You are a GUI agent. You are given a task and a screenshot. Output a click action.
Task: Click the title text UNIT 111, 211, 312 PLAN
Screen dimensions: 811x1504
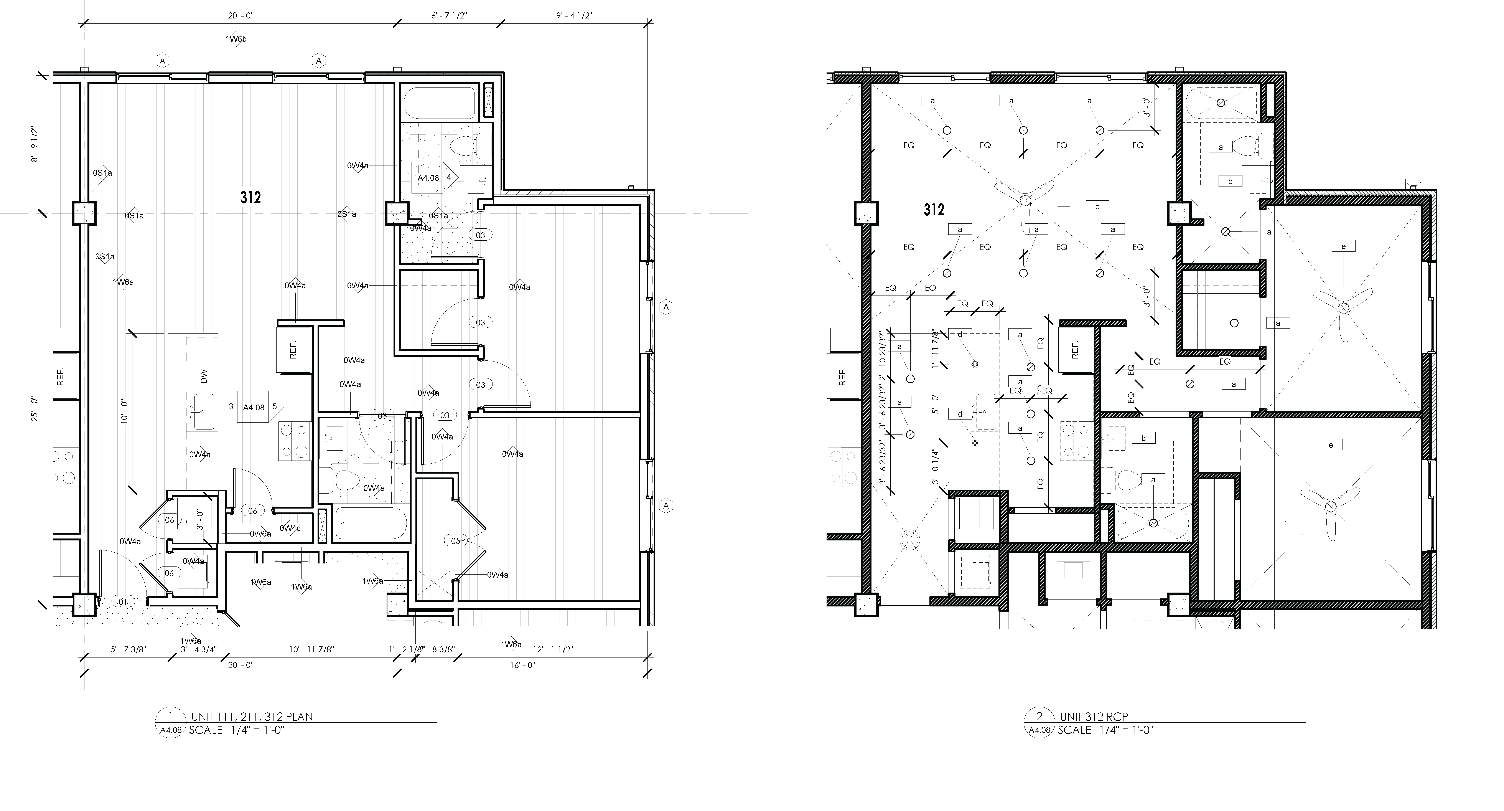pyautogui.click(x=252, y=717)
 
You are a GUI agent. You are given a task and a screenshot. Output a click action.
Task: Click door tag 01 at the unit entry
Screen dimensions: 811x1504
pyautogui.click(x=123, y=601)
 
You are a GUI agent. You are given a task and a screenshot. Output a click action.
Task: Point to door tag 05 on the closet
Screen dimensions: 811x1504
pyautogui.click(x=455, y=541)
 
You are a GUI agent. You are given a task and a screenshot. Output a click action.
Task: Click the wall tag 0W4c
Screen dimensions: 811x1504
pyautogui.click(x=290, y=529)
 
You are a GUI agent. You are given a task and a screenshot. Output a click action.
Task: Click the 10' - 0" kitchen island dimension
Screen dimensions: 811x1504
pyautogui.click(x=124, y=411)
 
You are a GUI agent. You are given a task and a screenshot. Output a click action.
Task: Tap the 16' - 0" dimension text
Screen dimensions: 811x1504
pyautogui.click(x=522, y=665)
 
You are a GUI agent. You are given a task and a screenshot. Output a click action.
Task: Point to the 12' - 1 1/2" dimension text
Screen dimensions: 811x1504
pyautogui.click(x=553, y=649)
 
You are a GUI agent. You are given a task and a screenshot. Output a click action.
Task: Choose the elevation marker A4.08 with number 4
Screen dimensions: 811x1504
pyautogui.click(x=435, y=177)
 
